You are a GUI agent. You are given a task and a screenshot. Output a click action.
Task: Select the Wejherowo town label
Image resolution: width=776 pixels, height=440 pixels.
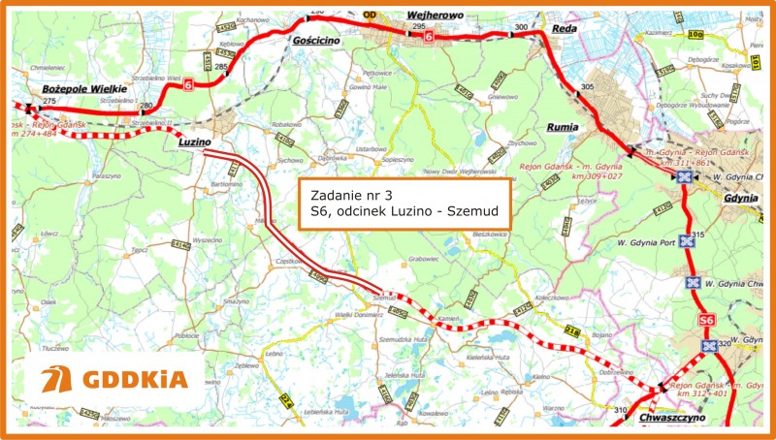pyautogui.click(x=435, y=16)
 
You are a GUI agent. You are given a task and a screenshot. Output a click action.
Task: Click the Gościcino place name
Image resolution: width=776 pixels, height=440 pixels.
pyautogui.click(x=314, y=44)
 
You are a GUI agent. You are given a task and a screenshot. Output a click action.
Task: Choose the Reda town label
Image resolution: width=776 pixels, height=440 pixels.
pyautogui.click(x=564, y=30)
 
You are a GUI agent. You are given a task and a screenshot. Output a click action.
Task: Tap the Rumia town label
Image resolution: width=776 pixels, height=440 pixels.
pyautogui.click(x=563, y=127)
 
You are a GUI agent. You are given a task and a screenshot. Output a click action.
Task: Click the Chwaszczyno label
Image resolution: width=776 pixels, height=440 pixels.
pyautogui.click(x=671, y=418)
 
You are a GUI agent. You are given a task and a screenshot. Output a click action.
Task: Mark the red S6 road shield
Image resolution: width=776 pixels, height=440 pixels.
pyautogui.click(x=706, y=321)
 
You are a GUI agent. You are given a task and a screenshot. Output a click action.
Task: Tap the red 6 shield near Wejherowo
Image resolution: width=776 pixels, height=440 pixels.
pyautogui.click(x=430, y=37)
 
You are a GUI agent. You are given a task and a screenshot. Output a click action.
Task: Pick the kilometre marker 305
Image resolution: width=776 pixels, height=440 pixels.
pyautogui.click(x=586, y=87)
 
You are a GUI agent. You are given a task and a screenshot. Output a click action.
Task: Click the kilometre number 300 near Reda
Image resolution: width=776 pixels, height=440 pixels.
pyautogui.click(x=522, y=27)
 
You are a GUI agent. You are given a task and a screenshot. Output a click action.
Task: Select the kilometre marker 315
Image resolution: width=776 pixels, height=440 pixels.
pyautogui.click(x=696, y=236)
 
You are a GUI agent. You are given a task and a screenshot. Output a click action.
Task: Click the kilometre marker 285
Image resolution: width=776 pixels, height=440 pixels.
pyautogui.click(x=220, y=67)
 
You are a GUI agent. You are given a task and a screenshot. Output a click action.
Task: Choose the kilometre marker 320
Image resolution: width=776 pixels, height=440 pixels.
pyautogui.click(x=724, y=344)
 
